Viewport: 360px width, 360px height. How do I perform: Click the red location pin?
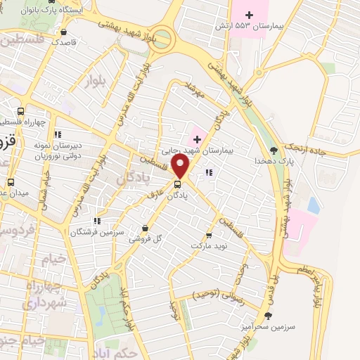181,167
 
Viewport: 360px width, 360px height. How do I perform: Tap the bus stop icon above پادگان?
176,186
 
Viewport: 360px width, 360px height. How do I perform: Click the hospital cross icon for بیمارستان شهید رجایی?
197,139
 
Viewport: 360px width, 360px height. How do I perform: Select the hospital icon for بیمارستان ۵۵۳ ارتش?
249,14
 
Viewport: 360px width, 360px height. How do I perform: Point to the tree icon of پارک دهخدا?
274,150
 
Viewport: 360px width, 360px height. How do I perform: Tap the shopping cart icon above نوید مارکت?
209,236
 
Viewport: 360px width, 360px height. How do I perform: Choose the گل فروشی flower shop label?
144,238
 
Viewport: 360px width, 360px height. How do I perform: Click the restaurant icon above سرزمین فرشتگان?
97,221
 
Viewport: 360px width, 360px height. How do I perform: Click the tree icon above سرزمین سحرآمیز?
267,316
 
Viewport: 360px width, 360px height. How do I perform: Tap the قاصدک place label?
65,42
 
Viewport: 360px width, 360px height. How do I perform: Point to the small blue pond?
313,205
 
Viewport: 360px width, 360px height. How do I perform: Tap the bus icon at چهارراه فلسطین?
20,111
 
